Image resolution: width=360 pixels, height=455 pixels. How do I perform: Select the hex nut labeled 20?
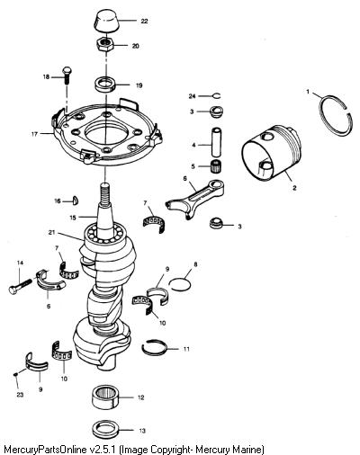[105, 45]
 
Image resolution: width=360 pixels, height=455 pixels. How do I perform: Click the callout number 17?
[35, 134]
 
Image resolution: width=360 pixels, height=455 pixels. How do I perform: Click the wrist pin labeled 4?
[217, 142]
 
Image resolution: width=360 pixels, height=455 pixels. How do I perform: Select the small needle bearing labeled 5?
[216, 165]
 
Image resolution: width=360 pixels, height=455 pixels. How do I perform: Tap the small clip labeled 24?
[217, 96]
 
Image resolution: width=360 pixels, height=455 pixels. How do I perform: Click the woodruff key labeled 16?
[76, 201]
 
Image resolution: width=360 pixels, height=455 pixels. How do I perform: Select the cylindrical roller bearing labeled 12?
[105, 397]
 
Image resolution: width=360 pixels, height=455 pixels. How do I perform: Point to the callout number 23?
[20, 395]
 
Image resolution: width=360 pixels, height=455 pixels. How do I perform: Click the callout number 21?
[52, 233]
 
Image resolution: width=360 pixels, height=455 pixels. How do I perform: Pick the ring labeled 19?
[105, 84]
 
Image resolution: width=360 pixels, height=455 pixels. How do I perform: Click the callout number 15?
[73, 218]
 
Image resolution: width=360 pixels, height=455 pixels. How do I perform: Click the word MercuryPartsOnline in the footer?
[47, 450]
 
